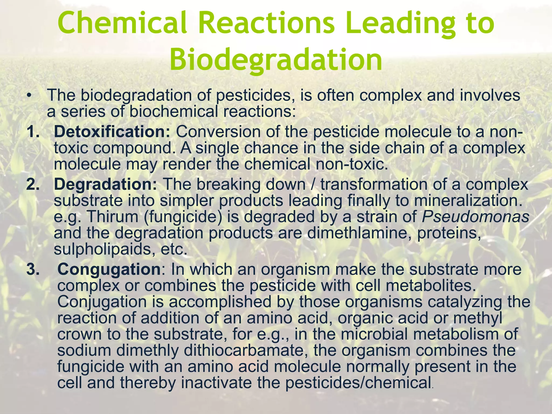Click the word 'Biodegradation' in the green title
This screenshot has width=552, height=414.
(x=276, y=60)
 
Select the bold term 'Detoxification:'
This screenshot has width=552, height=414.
(x=112, y=132)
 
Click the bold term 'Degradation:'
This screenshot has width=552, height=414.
(x=105, y=185)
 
